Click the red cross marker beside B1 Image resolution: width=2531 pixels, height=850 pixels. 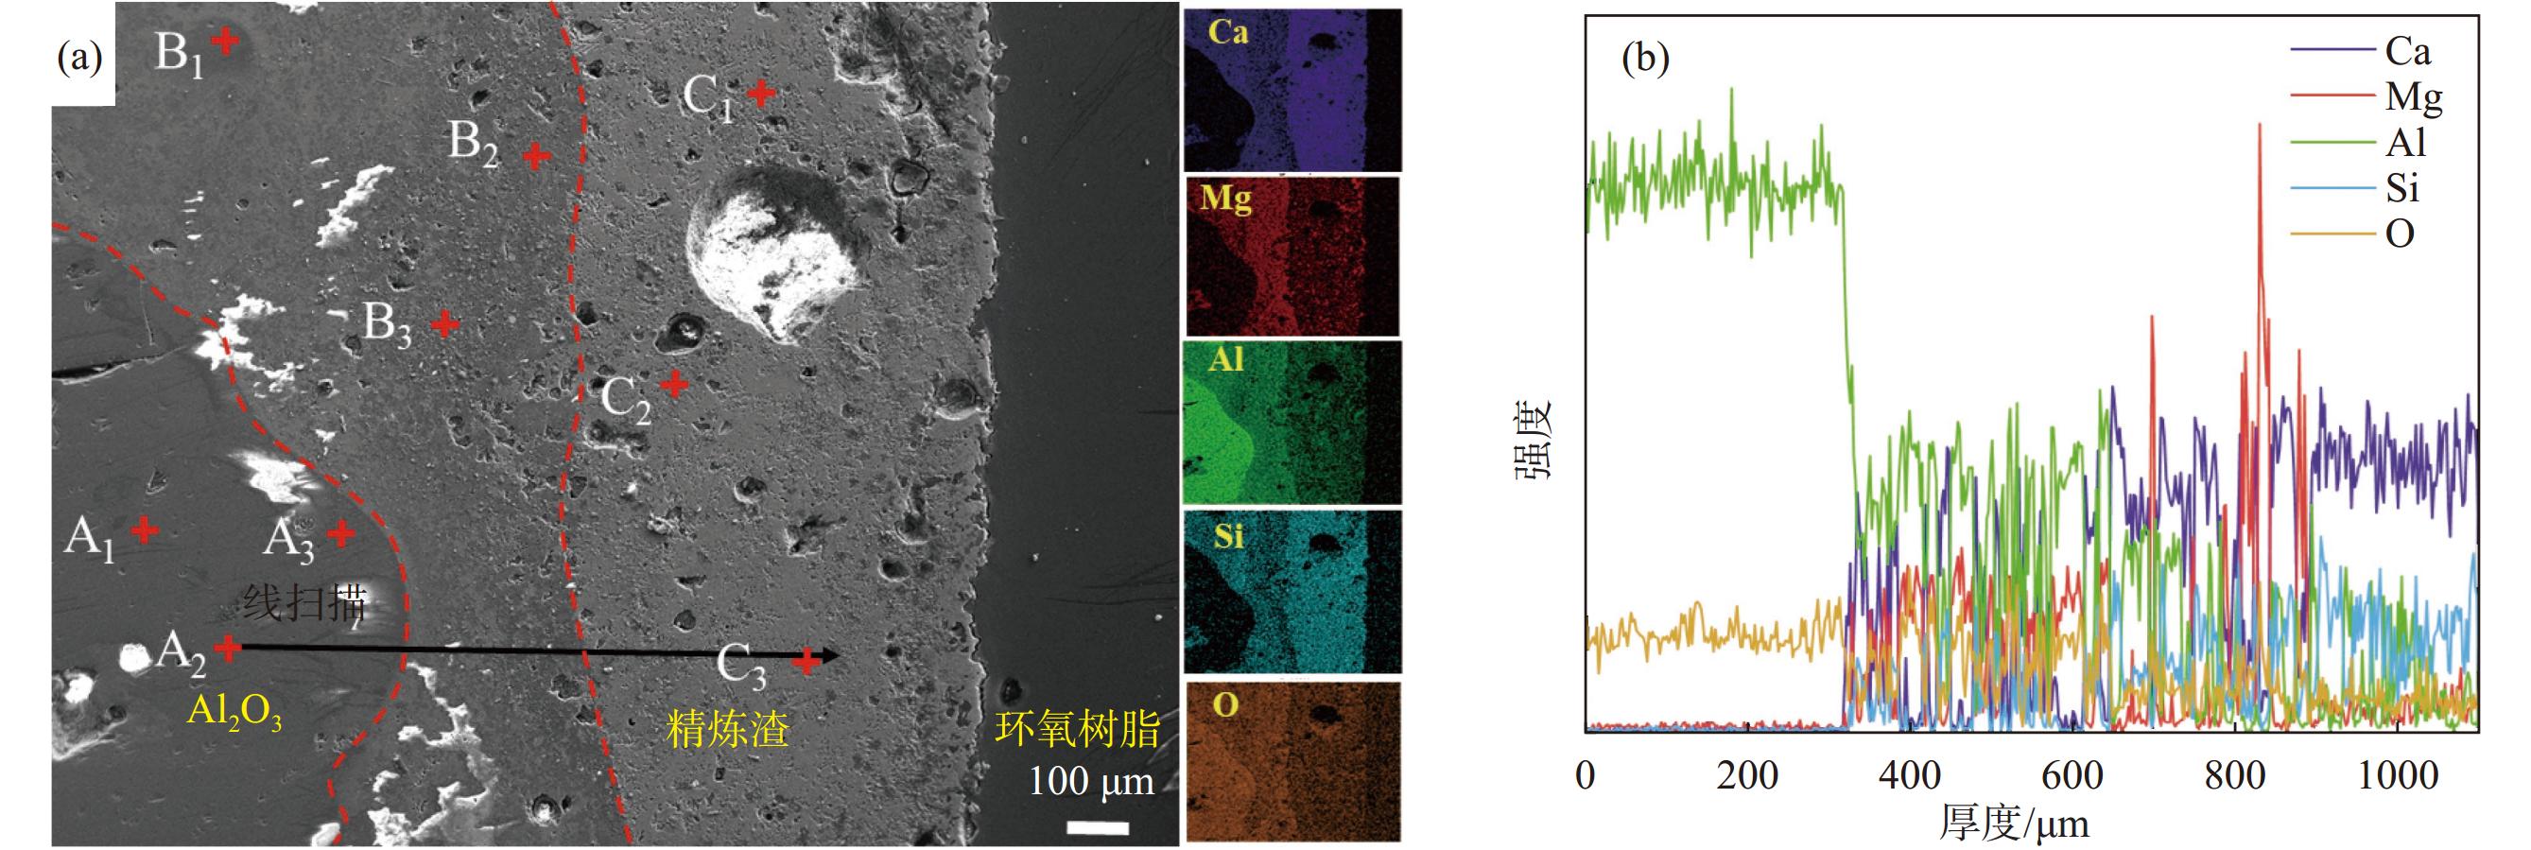[x=226, y=42]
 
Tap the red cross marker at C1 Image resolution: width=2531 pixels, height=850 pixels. [x=760, y=93]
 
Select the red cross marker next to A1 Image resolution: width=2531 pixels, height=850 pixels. [x=145, y=530]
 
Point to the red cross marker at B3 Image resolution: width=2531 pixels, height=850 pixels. [x=444, y=323]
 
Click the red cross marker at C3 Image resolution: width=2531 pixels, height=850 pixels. [x=806, y=661]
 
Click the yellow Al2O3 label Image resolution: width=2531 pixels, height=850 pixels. [x=234, y=710]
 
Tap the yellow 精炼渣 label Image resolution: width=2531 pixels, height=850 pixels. [x=727, y=729]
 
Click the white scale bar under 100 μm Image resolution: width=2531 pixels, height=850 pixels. [x=1098, y=827]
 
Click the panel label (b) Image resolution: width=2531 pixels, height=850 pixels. [x=1645, y=59]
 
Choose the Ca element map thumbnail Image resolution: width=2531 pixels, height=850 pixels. [x=1292, y=91]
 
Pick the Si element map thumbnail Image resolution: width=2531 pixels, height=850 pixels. [x=1292, y=591]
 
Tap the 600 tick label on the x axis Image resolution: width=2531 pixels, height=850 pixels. [x=2072, y=776]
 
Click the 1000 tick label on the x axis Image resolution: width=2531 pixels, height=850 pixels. [x=2398, y=776]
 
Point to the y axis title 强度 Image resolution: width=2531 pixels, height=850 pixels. [x=1531, y=437]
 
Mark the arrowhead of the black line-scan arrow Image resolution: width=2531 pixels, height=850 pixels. [x=833, y=655]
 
